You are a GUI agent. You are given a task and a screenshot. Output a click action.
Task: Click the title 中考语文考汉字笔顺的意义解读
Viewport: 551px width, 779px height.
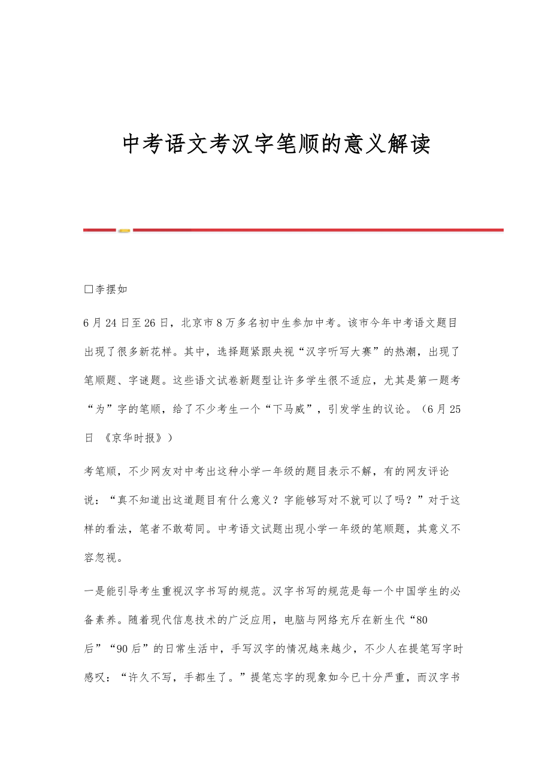(x=276, y=144)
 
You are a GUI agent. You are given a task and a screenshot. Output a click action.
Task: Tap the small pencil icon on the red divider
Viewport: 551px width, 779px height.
(x=124, y=230)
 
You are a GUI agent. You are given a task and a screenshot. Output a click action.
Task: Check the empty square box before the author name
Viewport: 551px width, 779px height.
(x=89, y=290)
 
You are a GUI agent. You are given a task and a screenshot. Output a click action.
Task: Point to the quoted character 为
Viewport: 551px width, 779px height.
(x=100, y=409)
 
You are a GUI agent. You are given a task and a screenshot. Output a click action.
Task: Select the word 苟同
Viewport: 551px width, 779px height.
(x=193, y=529)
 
